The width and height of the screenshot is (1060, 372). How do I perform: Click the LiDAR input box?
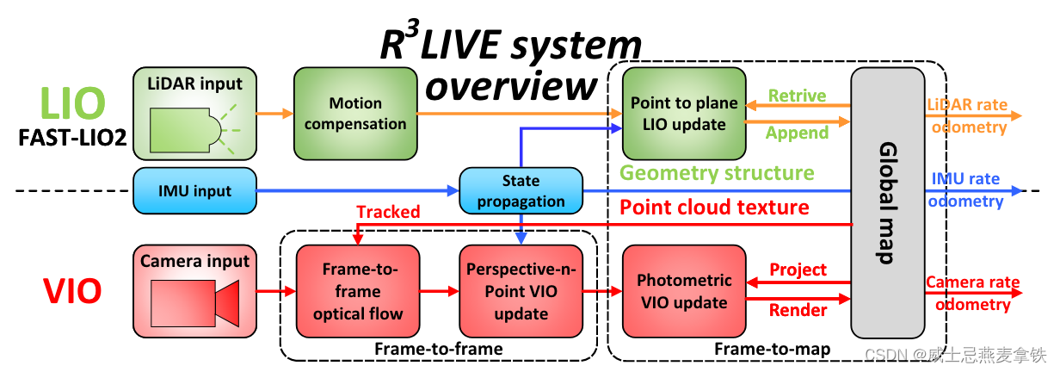click(x=195, y=113)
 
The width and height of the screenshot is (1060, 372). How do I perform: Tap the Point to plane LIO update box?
click(x=684, y=113)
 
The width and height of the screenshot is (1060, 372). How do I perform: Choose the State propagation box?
click(x=521, y=191)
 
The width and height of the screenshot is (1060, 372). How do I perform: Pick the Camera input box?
click(x=195, y=290)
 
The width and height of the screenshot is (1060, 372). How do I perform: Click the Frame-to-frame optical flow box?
click(x=358, y=291)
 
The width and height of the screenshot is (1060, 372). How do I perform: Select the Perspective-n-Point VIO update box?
click(x=521, y=291)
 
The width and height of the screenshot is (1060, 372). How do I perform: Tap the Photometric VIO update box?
click(x=684, y=291)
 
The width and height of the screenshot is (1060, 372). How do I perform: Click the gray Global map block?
click(x=885, y=202)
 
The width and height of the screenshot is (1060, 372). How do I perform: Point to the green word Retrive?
click(x=797, y=95)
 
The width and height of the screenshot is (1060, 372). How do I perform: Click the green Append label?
click(x=797, y=133)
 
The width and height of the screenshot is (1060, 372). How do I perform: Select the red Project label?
click(x=798, y=270)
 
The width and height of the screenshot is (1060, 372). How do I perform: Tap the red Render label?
click(x=798, y=310)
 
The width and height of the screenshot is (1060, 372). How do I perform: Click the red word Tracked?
click(x=388, y=212)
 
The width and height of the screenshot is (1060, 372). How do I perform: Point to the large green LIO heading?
click(x=72, y=103)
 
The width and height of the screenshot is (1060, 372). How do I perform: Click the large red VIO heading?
click(x=72, y=292)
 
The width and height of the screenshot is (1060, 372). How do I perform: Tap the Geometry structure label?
click(x=717, y=173)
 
